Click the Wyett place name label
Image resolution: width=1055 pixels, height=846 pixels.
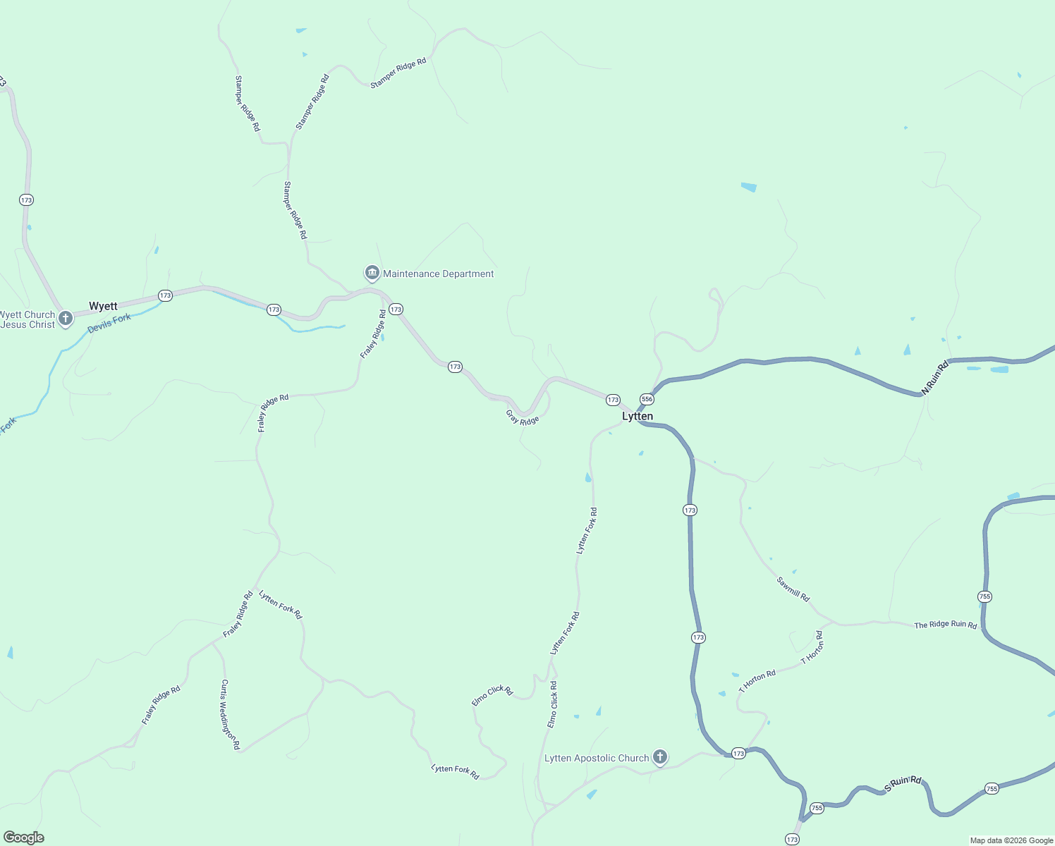coord(103,306)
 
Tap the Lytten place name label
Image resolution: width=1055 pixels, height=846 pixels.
coord(638,417)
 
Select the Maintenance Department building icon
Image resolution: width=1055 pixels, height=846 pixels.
coord(372,273)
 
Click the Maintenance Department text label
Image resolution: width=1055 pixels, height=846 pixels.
coord(438,274)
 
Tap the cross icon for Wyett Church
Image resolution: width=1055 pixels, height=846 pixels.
coord(66,319)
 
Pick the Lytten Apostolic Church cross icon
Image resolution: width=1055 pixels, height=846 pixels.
coord(660,758)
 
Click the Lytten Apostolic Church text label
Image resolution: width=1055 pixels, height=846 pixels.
coord(597,759)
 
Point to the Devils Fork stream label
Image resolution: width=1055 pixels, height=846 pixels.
coord(109,324)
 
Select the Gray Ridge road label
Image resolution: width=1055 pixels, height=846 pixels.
coord(523,417)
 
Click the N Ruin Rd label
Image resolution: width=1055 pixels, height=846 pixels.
coord(936,377)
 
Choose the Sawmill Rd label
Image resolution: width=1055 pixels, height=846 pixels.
coord(793,589)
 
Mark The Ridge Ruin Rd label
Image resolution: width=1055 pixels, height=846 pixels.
coord(945,625)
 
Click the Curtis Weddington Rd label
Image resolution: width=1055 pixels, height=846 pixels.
coord(230,714)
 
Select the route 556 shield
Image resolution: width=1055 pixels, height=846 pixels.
coord(647,399)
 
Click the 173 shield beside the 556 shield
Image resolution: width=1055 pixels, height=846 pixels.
coord(613,400)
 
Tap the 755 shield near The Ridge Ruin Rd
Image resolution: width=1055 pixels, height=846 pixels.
coord(985,596)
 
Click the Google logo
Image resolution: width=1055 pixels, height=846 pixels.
coord(24,838)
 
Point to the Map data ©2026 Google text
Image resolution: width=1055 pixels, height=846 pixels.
coord(1011,840)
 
